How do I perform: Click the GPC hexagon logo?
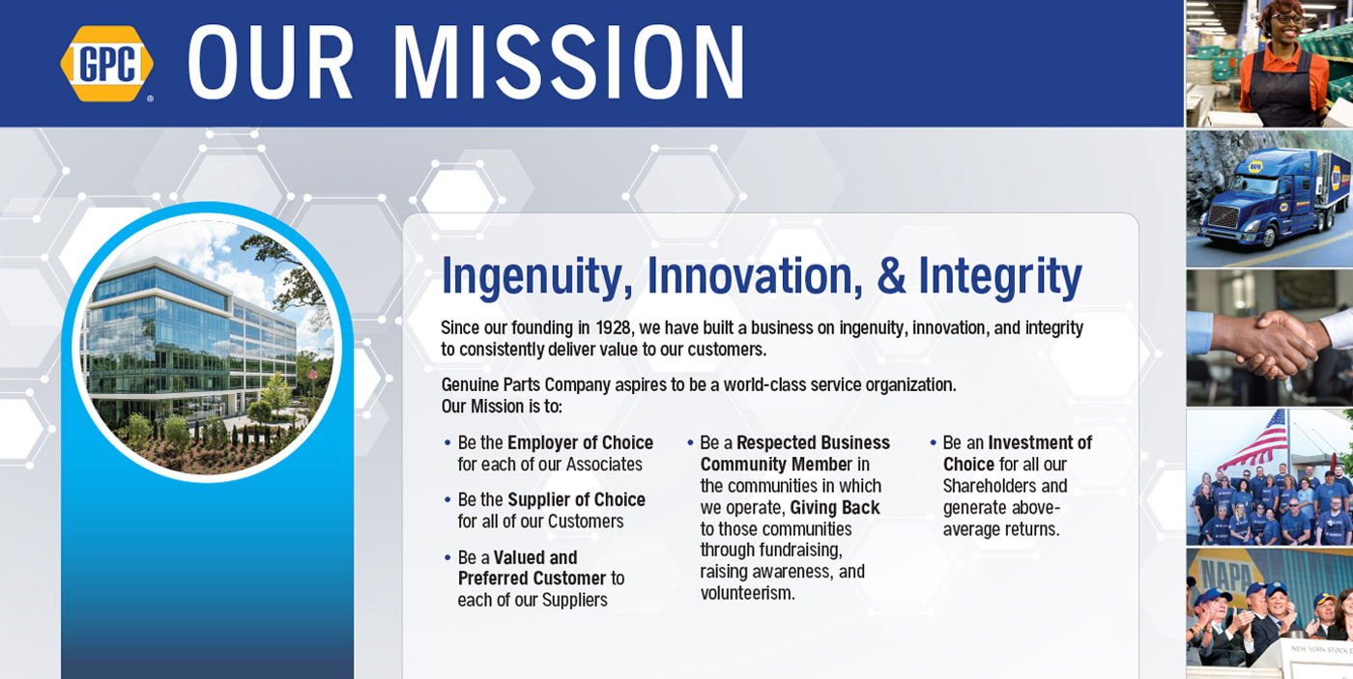pos(107,64)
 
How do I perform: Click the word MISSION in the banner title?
pos(569,62)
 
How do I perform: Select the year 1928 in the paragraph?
pos(613,327)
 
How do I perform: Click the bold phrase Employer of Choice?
pos(580,442)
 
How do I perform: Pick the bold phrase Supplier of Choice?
pos(576,499)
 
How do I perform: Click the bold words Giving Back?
pos(835,508)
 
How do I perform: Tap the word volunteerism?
pos(748,593)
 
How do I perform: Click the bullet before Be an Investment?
pos(934,443)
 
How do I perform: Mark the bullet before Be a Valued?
pos(447,557)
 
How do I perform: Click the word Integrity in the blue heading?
pos(1000,276)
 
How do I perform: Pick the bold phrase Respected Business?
pos(813,442)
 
